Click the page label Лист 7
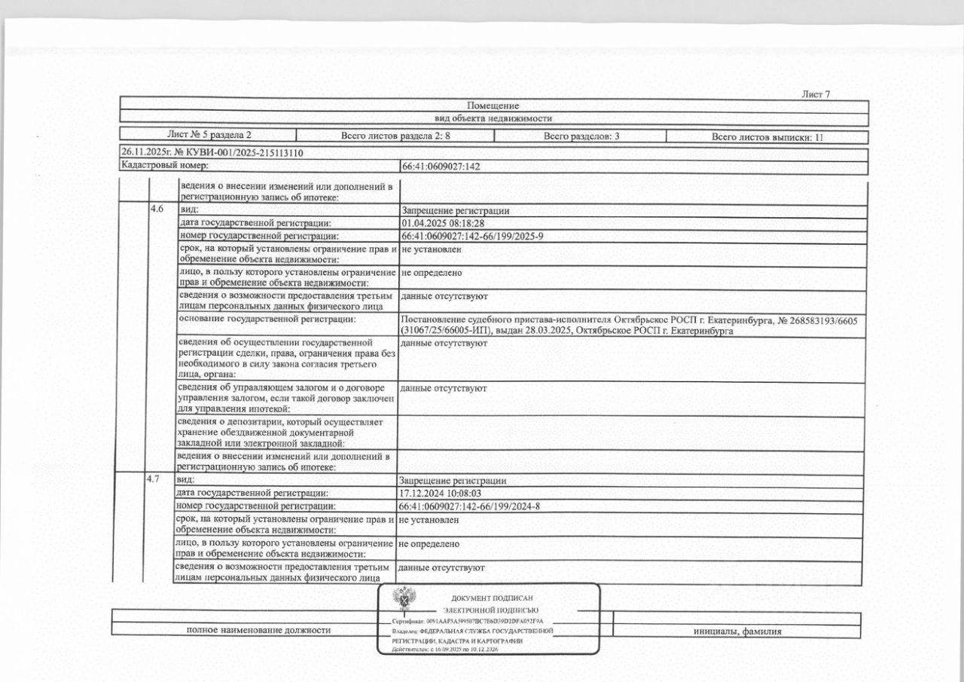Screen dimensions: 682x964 [816, 94]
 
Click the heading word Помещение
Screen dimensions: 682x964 [493, 106]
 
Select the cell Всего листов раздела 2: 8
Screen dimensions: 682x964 [395, 137]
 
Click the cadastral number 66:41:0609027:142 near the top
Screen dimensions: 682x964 [441, 167]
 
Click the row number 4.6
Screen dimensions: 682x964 [157, 209]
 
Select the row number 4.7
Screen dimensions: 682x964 [153, 479]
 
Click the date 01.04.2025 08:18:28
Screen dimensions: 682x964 [442, 223]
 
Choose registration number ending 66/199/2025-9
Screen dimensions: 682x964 [472, 237]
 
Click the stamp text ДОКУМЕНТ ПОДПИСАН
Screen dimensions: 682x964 [492, 598]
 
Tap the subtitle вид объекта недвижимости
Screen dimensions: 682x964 [493, 118]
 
